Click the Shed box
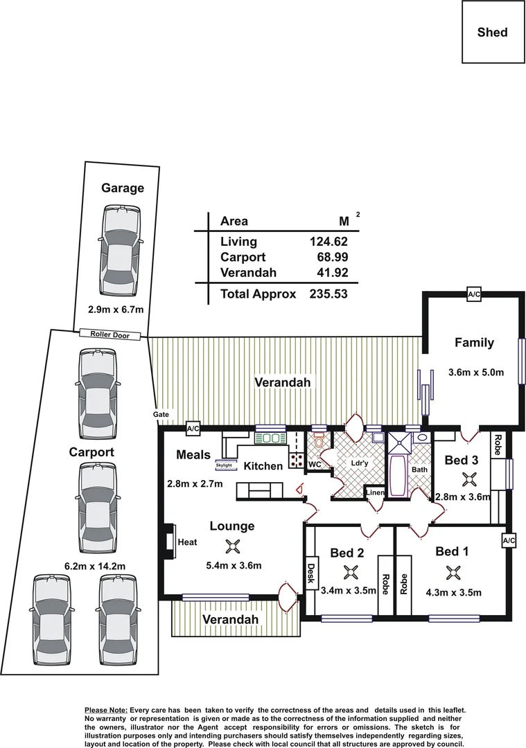(x=492, y=33)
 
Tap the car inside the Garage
(x=122, y=249)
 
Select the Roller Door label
(x=109, y=335)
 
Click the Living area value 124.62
(x=328, y=242)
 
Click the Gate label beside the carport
(x=161, y=414)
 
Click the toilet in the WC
(x=319, y=440)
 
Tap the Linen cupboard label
(x=374, y=492)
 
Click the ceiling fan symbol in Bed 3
(x=470, y=479)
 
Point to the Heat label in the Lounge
(x=187, y=542)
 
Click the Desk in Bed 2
(x=310, y=571)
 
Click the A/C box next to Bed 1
(x=509, y=540)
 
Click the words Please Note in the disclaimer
(x=105, y=711)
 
